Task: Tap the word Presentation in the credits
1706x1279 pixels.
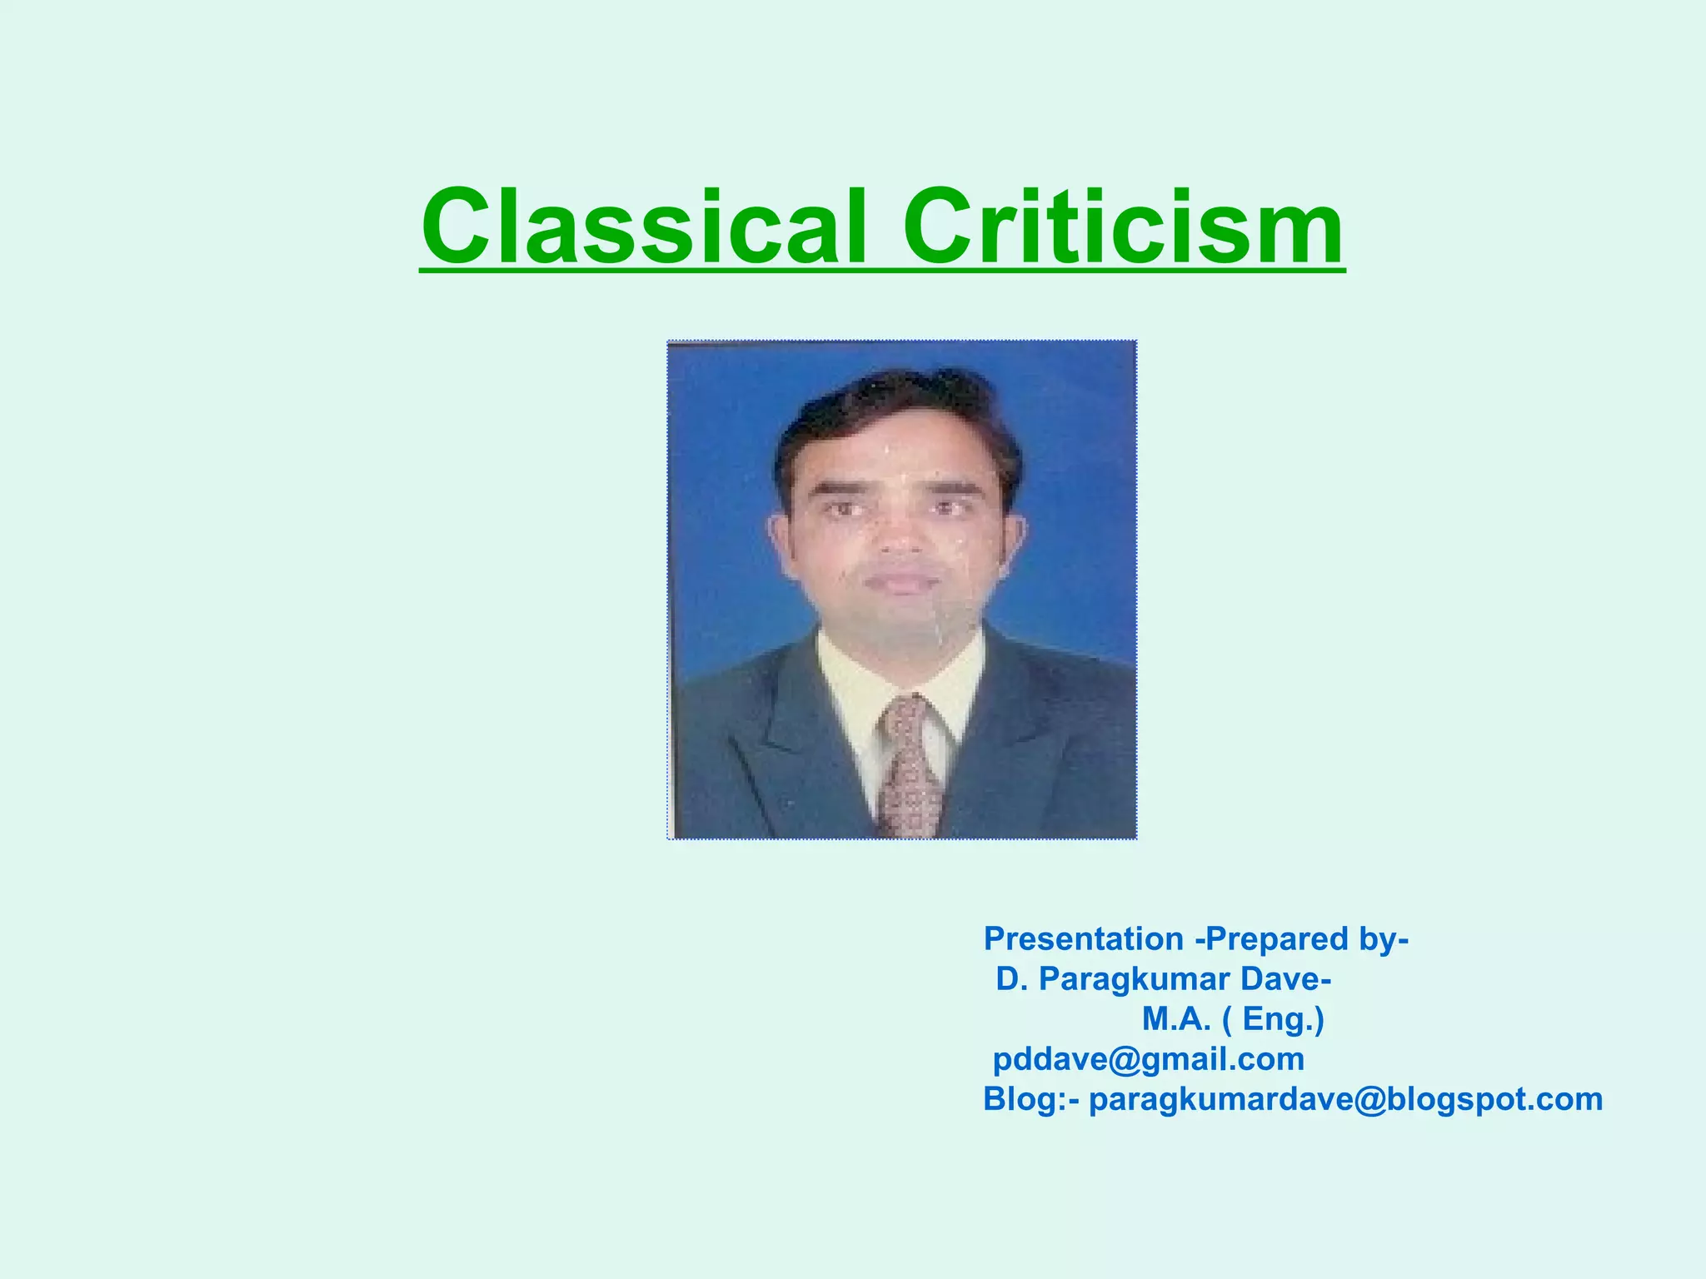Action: [x=1083, y=939]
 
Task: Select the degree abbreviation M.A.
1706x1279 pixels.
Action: [x=1175, y=1019]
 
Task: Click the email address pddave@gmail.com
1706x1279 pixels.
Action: [x=1149, y=1060]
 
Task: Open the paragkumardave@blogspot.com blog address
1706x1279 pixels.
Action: [x=1345, y=1100]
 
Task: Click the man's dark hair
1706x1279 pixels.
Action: [x=900, y=408]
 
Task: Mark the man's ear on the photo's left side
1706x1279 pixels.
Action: [x=781, y=541]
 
